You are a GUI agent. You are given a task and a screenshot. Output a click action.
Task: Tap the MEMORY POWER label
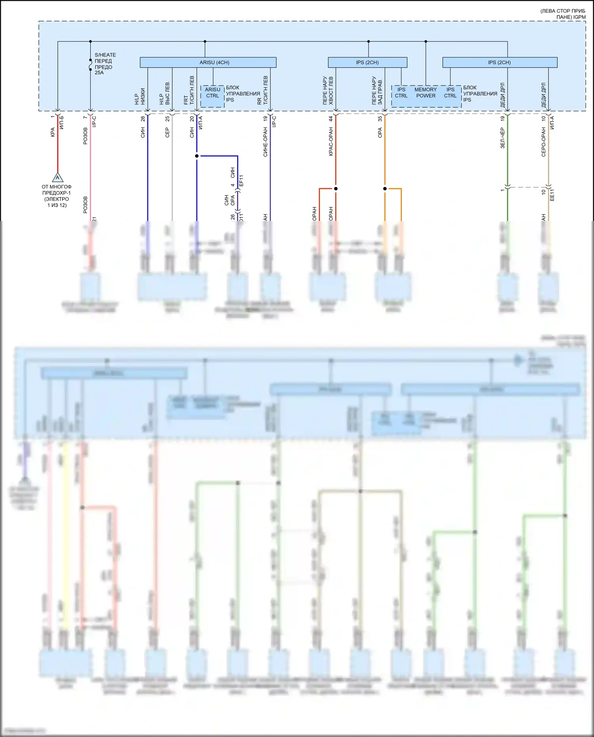point(426,93)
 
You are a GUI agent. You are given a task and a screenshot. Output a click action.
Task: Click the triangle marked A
point(57,177)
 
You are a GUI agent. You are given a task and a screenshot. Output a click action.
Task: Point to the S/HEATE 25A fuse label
point(105,64)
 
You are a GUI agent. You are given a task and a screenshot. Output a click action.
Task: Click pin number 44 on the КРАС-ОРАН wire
point(331,118)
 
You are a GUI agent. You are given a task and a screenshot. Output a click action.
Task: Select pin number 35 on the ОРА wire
point(380,118)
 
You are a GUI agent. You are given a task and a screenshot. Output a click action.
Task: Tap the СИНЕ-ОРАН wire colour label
point(265,142)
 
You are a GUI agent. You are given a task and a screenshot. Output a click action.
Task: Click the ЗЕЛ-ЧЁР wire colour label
point(503,138)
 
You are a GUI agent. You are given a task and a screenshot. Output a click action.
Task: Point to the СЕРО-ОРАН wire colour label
point(543,142)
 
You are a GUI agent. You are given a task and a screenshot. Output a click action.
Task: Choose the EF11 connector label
point(241,181)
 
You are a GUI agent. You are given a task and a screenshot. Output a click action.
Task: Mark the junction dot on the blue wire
point(197,156)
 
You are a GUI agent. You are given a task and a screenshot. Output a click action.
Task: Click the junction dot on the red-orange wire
point(336,189)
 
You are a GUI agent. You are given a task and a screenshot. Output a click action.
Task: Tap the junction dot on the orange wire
point(385,189)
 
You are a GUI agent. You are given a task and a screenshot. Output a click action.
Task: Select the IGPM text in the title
point(579,17)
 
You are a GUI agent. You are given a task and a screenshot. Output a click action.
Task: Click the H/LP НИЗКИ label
point(140,97)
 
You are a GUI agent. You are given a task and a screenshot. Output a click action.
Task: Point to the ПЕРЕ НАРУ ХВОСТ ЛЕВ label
point(328,91)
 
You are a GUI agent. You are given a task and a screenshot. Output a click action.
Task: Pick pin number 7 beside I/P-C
point(85,118)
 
